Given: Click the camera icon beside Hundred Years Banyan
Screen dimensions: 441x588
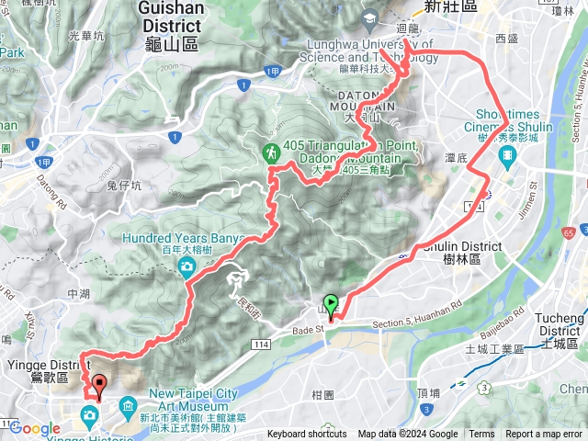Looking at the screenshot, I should tap(187, 266).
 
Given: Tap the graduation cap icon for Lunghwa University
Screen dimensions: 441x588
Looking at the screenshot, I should tap(369, 17).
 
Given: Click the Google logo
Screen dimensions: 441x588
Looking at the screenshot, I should tap(35, 428).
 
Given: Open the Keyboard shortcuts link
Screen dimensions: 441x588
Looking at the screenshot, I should tap(307, 435).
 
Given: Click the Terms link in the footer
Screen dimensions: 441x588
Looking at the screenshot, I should tap(481, 435).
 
